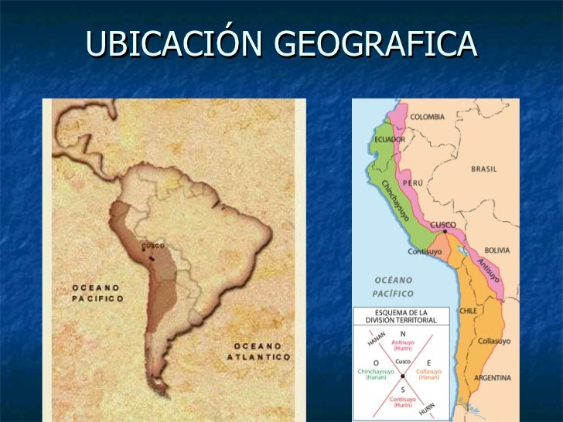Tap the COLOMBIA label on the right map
coord(427,116)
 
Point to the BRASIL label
coord(484,168)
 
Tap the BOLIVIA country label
coord(497,250)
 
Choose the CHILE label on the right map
coord(469,310)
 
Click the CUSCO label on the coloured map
coord(443,225)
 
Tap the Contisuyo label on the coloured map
coord(425,251)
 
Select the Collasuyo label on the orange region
coord(494,340)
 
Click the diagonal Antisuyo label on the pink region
coord(487,267)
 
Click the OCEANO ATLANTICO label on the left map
coord(258,352)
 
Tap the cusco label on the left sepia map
coord(152,246)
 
